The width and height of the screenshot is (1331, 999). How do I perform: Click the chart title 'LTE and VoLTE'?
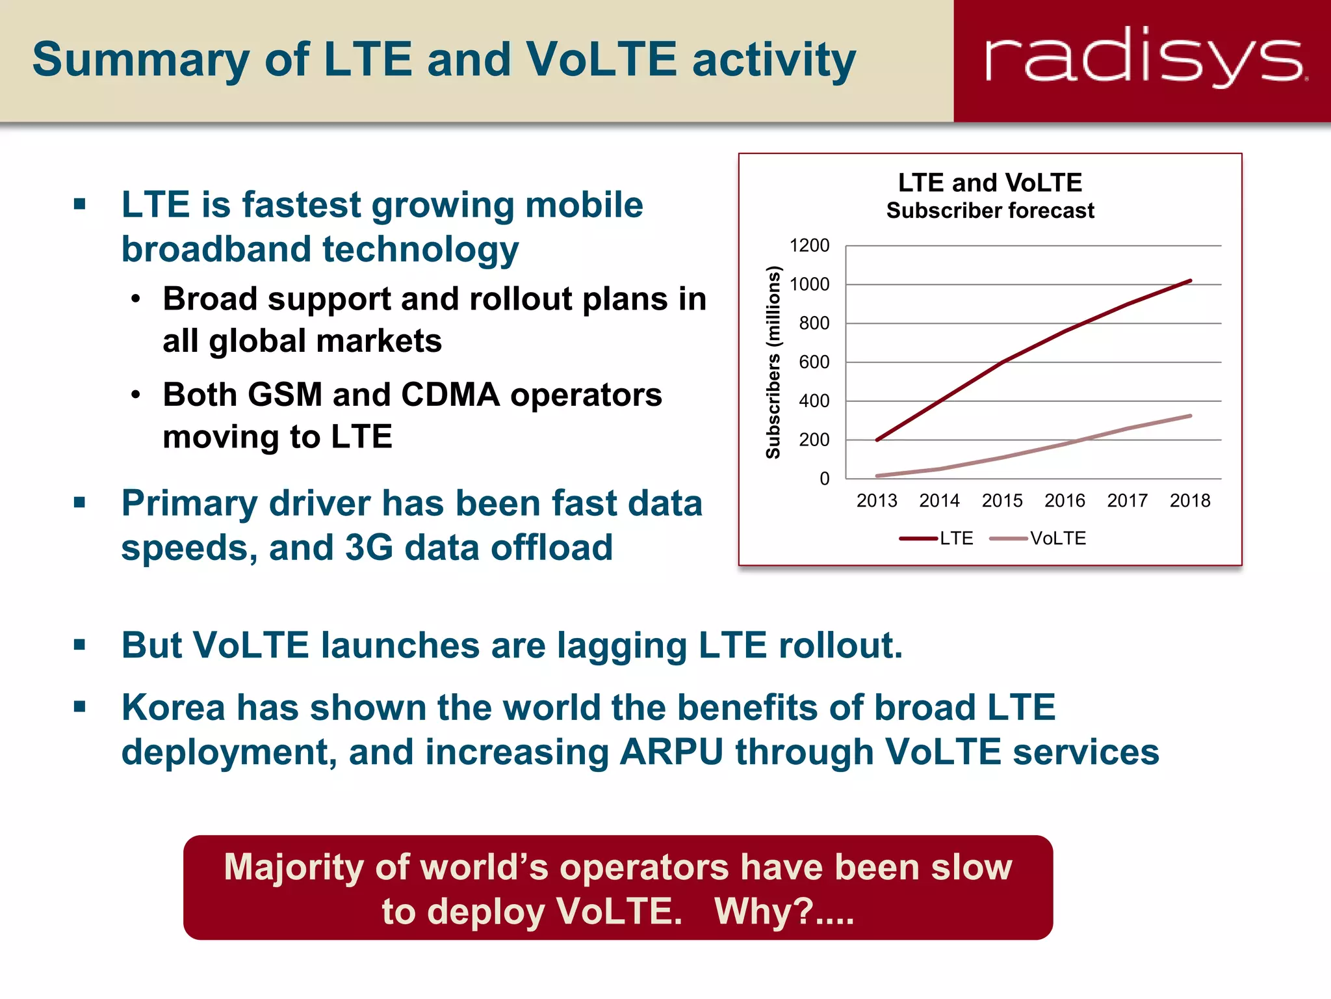990,183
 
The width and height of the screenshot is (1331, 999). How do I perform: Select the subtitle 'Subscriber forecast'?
990,211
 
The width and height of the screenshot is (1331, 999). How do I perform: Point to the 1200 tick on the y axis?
809,246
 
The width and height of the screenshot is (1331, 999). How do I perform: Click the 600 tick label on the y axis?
814,362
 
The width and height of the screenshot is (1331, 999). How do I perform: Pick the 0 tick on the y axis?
824,479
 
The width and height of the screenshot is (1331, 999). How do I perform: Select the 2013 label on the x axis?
877,501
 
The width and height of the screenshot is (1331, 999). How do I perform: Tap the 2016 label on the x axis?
1065,501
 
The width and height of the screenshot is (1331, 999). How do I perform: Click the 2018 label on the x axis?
1190,501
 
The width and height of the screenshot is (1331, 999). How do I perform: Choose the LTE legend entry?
937,539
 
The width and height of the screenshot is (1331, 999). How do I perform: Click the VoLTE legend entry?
1039,539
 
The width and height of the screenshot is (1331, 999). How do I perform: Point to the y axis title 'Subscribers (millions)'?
773,362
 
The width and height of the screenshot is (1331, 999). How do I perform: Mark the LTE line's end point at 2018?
1190,281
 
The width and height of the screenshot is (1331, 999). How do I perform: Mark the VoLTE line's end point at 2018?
1190,416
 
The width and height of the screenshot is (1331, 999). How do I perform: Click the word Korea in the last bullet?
172,708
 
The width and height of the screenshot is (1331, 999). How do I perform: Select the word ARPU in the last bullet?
671,752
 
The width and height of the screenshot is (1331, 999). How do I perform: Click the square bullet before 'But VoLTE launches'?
80,645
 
